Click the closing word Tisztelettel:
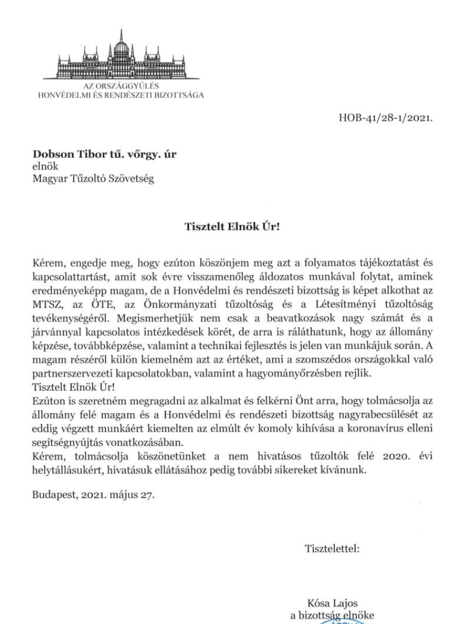click(332, 549)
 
